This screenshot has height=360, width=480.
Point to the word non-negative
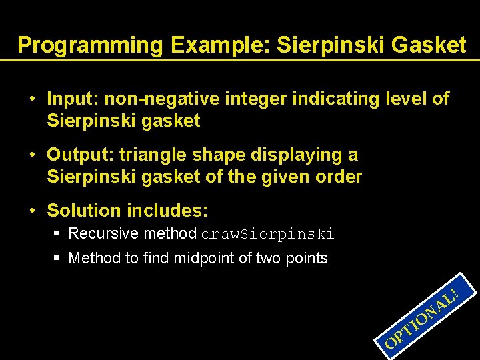(x=157, y=99)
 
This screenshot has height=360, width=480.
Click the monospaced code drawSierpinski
(x=267, y=234)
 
